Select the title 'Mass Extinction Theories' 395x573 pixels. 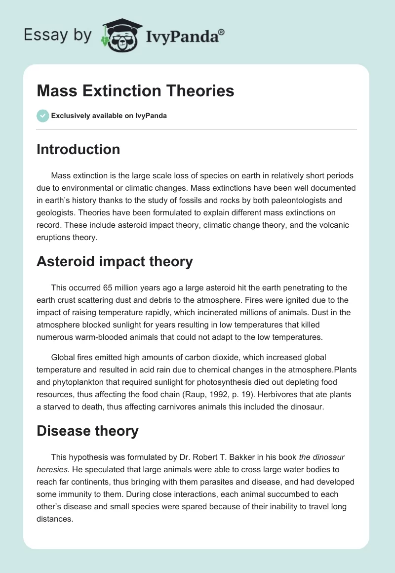[135, 91]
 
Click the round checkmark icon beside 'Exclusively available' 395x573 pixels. [42, 116]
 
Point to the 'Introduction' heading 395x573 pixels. [78, 149]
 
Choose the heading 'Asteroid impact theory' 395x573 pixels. [115, 262]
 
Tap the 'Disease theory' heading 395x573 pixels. [87, 431]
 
